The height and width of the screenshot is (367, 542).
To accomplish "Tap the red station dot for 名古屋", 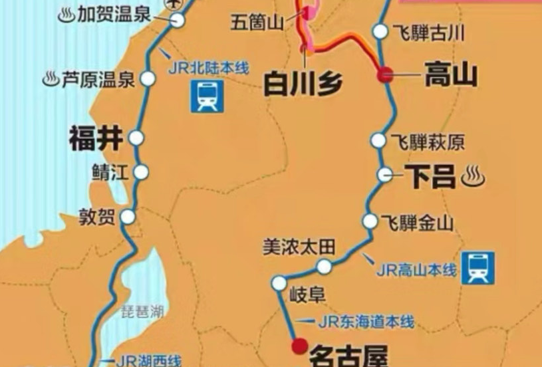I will click(299, 346).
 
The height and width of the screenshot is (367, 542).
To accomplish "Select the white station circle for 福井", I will click(136, 138).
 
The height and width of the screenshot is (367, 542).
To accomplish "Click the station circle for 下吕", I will click(385, 175).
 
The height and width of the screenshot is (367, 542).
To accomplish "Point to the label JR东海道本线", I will click(366, 322).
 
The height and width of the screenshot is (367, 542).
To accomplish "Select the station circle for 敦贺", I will click(128, 217).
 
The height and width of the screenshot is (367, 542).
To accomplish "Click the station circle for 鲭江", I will click(141, 172).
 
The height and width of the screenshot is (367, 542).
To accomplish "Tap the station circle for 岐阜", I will click(279, 283).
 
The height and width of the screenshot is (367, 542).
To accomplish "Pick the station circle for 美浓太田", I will click(324, 267).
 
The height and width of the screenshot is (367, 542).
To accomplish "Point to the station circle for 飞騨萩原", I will click(378, 140).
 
